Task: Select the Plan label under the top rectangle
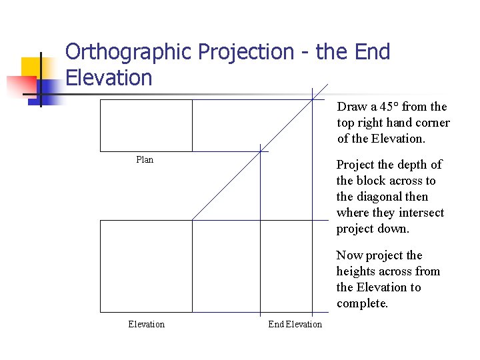[145, 159]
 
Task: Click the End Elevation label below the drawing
[295, 325]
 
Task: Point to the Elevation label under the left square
[146, 325]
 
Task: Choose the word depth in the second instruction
[411, 165]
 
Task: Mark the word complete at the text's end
[362, 303]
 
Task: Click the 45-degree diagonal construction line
[227, 185]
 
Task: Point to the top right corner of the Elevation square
[192, 221]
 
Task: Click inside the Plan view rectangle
[146, 125]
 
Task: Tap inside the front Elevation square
[146, 266]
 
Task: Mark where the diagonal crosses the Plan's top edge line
[313, 99]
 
